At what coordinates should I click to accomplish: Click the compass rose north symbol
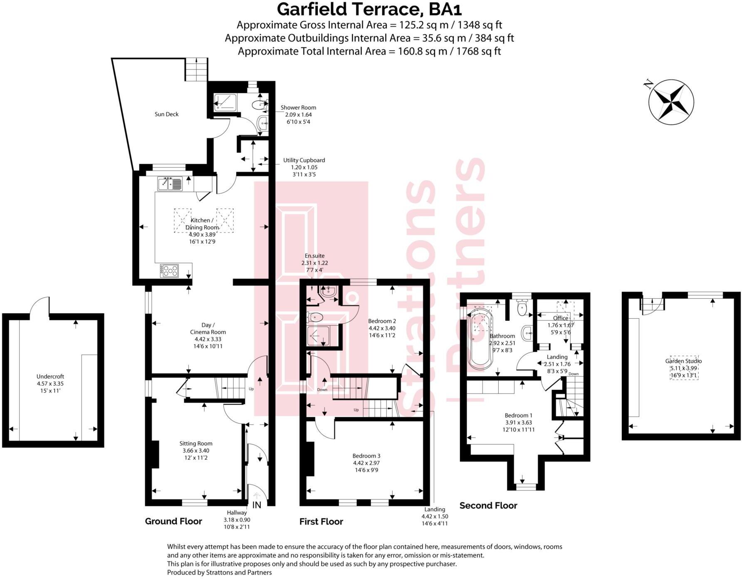[x=671, y=102]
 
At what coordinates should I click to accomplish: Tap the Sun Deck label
[x=166, y=114]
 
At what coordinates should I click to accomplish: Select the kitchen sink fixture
[x=170, y=183]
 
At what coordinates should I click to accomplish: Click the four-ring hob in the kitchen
[x=170, y=271]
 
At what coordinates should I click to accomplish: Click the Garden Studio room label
[x=683, y=361]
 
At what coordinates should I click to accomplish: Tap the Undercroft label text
[x=50, y=376]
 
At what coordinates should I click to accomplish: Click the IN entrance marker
[x=257, y=505]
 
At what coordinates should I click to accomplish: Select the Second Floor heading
[x=488, y=505]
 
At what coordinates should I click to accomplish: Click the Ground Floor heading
[x=173, y=521]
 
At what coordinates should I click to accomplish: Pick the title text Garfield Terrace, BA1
[x=369, y=9]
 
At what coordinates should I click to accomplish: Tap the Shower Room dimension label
[x=298, y=114]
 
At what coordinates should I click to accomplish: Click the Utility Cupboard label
[x=304, y=160]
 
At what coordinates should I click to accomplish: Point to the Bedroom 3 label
[x=366, y=456]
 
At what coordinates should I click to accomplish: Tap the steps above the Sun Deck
[x=196, y=69]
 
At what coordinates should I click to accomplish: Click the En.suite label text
[x=314, y=256]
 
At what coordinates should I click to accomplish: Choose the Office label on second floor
[x=560, y=318]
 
